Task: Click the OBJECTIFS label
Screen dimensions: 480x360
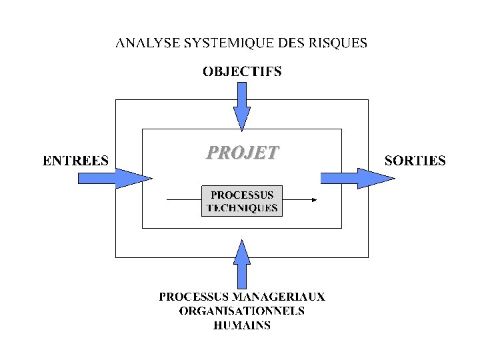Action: [x=242, y=71]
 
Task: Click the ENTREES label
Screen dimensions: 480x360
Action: [x=76, y=160]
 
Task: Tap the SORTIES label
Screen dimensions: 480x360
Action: [x=415, y=160]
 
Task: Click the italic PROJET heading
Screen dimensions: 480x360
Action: [x=242, y=153]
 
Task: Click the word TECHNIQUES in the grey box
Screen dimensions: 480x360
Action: [x=242, y=208]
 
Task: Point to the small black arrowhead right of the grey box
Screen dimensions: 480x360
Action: [x=314, y=199]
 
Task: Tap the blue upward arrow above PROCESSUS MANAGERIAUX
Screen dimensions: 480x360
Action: [x=243, y=263]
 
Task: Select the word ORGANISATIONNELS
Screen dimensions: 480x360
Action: [x=242, y=311]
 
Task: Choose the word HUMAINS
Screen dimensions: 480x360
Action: [x=242, y=326]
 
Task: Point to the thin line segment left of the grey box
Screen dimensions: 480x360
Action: [x=183, y=199]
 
